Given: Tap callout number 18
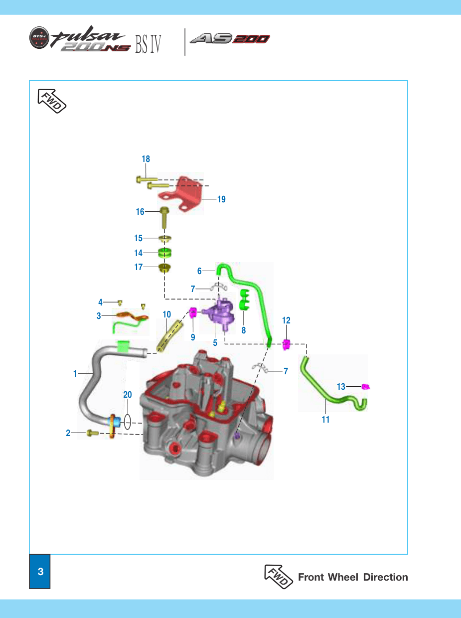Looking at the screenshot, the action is (146, 159).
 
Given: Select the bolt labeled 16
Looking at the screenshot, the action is (164, 218).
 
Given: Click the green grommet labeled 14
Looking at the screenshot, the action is (164, 253).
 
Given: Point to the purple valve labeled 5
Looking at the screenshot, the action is (219, 313).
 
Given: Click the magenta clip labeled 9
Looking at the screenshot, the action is (193, 312).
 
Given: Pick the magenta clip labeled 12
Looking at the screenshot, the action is (286, 344).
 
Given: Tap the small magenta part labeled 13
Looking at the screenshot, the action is (365, 387).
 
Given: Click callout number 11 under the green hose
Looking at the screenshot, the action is (325, 420).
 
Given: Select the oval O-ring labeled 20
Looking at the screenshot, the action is (128, 421).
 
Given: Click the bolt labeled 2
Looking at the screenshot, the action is (93, 433).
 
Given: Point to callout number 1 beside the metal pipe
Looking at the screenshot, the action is (75, 374).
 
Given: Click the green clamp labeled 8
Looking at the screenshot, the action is (244, 300).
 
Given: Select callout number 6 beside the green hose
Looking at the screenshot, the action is (199, 271).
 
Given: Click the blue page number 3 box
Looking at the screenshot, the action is (40, 571).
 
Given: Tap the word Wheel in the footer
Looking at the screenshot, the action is (343, 577).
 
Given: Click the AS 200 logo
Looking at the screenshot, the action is (230, 38).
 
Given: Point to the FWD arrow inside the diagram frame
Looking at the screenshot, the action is (51, 101).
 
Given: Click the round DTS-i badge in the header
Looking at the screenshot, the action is (39, 37).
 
